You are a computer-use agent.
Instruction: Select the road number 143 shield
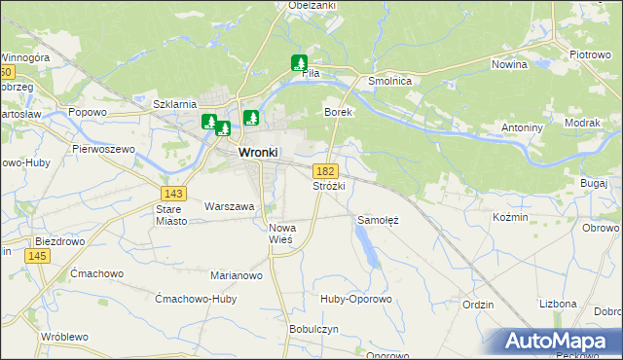(174, 193)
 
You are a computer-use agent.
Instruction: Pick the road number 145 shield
(37, 255)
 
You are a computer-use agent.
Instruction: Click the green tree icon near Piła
(299, 63)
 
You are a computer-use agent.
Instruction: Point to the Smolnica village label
(389, 82)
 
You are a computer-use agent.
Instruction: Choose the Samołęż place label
(379, 220)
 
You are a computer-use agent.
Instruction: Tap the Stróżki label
(329, 185)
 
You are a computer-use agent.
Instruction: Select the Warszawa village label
(229, 206)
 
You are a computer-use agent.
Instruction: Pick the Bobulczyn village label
(313, 329)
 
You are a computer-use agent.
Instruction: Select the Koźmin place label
(510, 217)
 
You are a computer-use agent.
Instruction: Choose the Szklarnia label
(175, 103)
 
